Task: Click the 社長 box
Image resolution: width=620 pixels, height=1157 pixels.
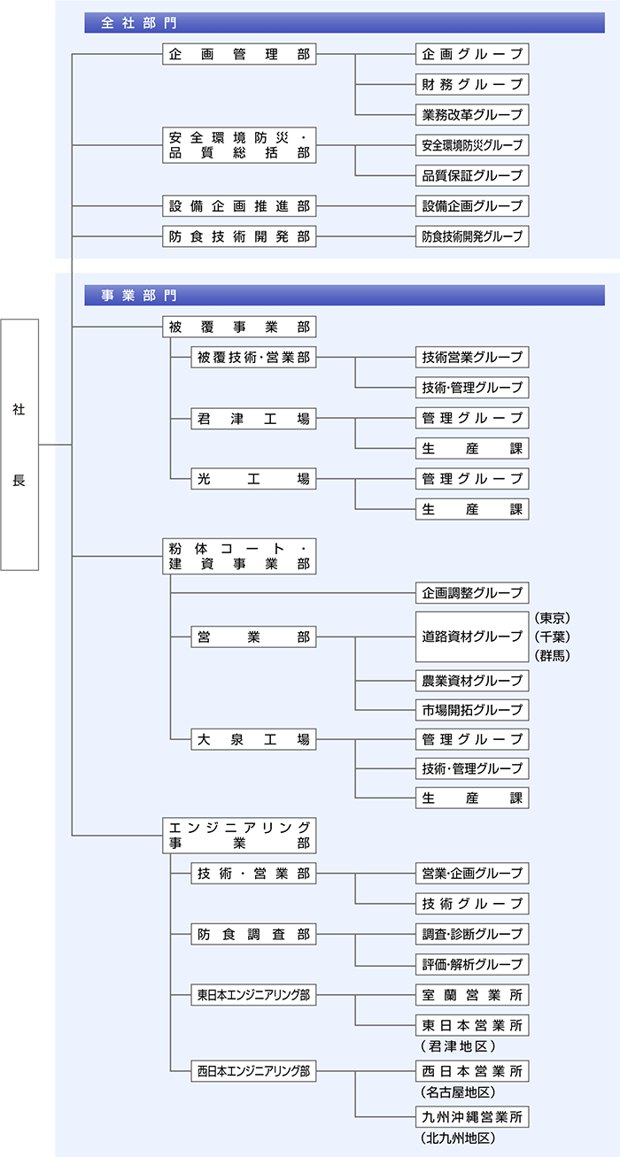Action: coord(19,444)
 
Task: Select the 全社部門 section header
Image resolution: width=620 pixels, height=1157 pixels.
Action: coord(344,23)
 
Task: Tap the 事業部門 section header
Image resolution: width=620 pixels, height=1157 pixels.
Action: coord(344,295)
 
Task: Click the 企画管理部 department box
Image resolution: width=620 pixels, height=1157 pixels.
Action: coord(239,54)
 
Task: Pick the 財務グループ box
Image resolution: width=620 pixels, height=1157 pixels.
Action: coord(472,85)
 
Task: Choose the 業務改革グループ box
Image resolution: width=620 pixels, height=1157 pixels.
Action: coord(472,115)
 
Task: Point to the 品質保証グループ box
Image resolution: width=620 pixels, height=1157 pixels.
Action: coord(472,175)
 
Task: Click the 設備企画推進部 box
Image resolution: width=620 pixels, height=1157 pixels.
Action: coord(239,206)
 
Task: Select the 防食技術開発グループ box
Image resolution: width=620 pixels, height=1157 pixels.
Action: coord(472,236)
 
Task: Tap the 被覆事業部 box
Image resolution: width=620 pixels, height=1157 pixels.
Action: coord(239,327)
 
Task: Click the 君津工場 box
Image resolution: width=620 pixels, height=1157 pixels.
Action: coord(253,418)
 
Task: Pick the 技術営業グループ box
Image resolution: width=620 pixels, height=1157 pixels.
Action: coord(472,358)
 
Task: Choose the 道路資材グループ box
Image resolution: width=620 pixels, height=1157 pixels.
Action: coord(472,636)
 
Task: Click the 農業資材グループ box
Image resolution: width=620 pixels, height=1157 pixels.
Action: coord(472,680)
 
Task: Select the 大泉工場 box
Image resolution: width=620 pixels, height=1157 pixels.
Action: coord(253,739)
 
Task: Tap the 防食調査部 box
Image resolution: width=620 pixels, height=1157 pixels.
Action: coord(253,933)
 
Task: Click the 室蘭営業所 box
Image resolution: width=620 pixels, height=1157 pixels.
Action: coord(472,994)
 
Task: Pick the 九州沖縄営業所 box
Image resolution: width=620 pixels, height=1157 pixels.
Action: coord(472,1116)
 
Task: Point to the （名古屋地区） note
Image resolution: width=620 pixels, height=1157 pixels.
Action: coord(458,1092)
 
